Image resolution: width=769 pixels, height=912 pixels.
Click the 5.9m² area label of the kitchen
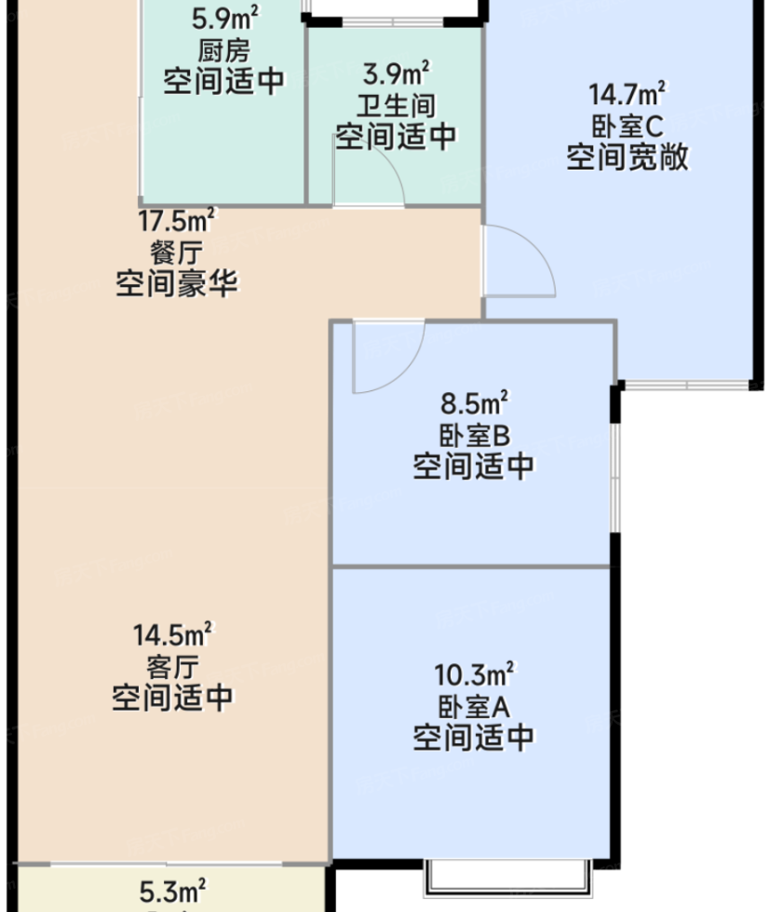point(225,19)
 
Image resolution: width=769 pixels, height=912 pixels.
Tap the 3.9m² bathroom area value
point(397,74)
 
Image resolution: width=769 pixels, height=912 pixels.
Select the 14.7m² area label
point(627,94)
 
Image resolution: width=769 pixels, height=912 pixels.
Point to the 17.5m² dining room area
point(176,221)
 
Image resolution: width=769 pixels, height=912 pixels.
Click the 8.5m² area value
point(474,402)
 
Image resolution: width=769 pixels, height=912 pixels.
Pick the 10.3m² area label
point(474,674)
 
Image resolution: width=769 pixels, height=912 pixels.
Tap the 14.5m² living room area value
point(173,634)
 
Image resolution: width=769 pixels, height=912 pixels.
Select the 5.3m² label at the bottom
point(172,892)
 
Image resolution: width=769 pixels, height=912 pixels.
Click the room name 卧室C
point(627,126)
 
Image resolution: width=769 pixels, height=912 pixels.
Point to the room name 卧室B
point(474,434)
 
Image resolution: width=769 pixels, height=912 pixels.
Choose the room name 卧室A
point(474,706)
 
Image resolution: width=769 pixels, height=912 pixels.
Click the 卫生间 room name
point(397,105)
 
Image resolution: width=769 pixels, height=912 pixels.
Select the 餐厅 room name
point(176,252)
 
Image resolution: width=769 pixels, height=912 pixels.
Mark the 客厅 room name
point(173,667)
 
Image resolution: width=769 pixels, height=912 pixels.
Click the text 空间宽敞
point(627,157)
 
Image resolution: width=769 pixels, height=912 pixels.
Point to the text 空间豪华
point(177,284)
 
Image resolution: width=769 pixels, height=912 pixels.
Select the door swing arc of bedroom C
point(534,246)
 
